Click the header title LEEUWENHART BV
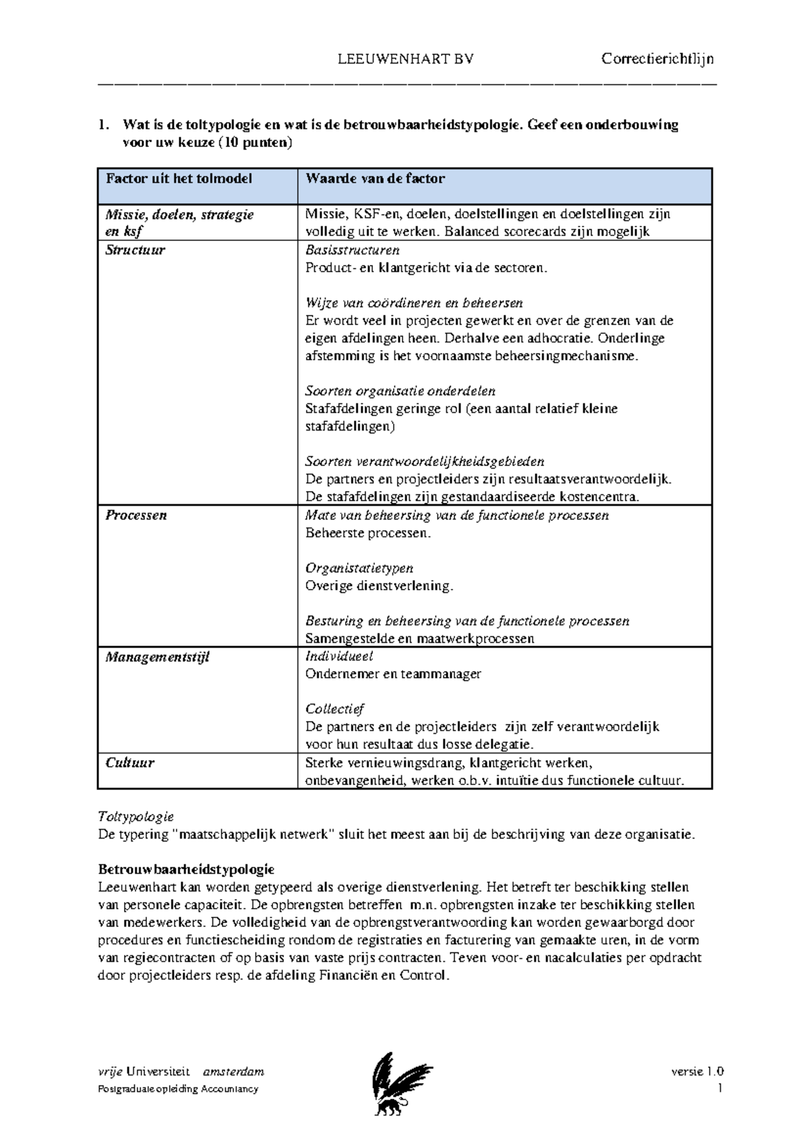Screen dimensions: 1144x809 (405, 59)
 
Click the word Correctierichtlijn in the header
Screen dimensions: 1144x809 (657, 59)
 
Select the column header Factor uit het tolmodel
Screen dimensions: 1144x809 (179, 179)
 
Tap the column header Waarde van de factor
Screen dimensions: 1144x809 (375, 179)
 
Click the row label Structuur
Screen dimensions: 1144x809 (135, 250)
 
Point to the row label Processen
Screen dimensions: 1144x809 (136, 515)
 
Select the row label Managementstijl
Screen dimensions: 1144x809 (157, 656)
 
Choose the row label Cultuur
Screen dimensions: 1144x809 (129, 763)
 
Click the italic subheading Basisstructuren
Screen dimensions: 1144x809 (352, 250)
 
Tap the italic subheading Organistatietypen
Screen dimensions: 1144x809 (359, 568)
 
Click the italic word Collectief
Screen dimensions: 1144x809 (334, 709)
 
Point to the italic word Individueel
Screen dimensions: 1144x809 (338, 656)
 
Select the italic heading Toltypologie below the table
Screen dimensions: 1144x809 (136, 817)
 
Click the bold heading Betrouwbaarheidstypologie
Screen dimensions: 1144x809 (185, 869)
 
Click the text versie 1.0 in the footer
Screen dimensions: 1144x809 (697, 1072)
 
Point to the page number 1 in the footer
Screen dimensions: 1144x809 (720, 1089)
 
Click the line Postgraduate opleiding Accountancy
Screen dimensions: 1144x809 (178, 1089)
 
